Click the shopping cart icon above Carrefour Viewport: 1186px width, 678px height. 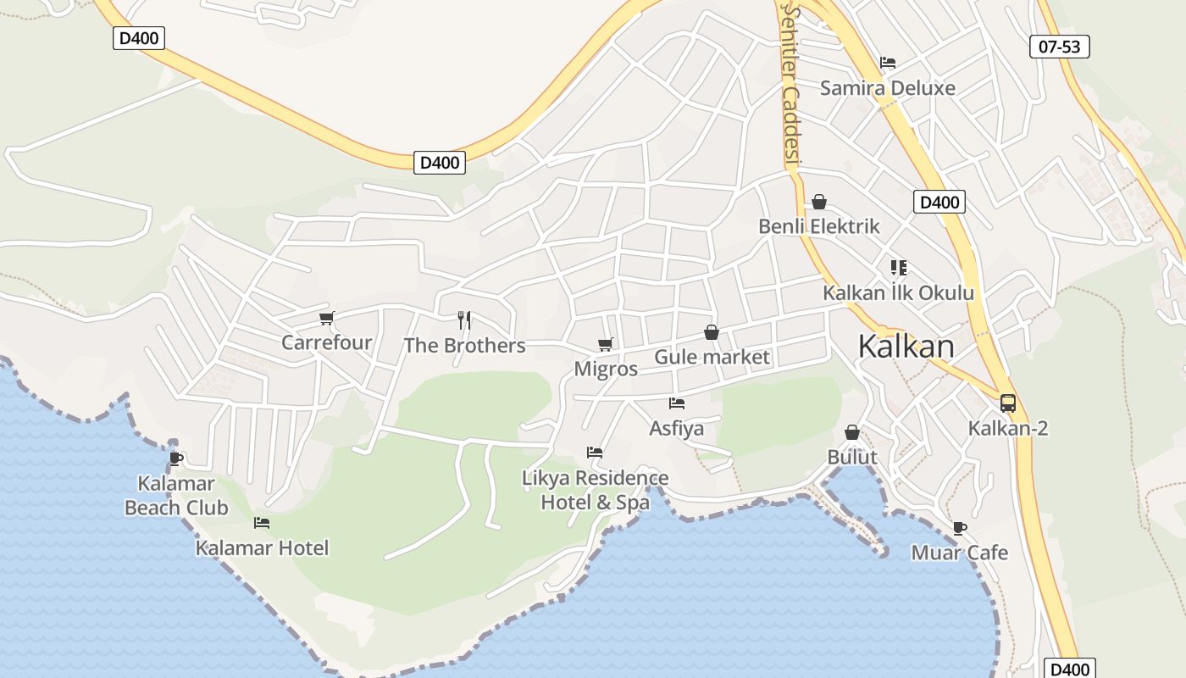327,319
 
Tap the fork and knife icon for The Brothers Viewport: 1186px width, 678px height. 464,320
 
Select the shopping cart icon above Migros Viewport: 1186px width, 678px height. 606,344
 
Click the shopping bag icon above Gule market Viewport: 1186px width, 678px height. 712,332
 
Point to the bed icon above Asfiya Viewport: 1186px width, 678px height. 676,403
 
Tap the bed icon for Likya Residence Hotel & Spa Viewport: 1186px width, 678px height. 595,453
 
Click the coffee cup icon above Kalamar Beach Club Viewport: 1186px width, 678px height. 176,459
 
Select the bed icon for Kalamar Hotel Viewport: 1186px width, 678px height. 262,523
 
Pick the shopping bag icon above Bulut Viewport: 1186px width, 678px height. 852,432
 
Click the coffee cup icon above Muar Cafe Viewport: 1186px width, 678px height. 960,528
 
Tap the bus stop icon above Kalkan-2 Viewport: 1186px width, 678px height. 1008,403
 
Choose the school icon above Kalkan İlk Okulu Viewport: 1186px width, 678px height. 899,268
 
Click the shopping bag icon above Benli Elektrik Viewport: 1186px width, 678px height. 819,202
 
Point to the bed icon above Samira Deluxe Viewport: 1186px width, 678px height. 888,63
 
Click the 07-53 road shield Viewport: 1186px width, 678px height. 1060,47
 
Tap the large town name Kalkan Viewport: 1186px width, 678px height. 906,347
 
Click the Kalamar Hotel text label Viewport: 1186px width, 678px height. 262,548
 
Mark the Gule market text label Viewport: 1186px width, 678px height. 712,357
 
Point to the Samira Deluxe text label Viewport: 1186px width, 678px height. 887,88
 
